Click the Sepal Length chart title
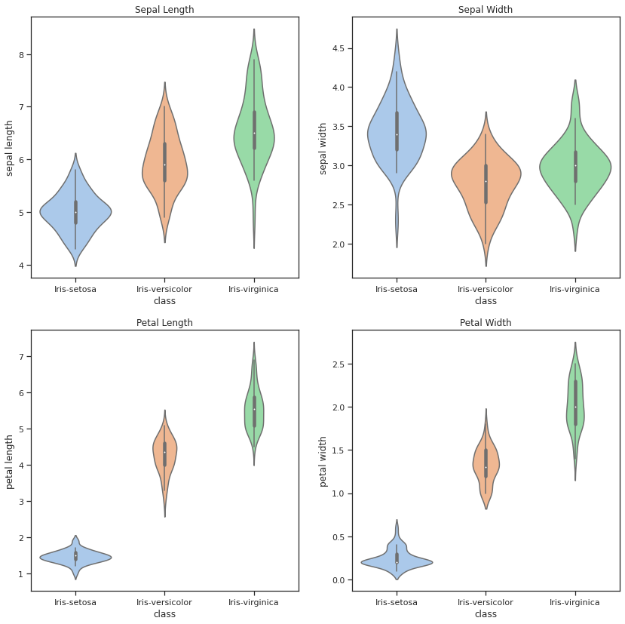(164, 10)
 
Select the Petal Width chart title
(486, 323)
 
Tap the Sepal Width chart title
(486, 10)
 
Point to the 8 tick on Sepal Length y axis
(22, 54)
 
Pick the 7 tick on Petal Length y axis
(22, 356)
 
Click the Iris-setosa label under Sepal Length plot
(75, 289)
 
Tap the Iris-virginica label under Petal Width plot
(574, 602)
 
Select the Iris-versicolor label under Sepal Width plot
(486, 289)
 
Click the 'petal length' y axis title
(10, 461)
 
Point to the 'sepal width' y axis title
(323, 148)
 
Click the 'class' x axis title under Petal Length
(164, 614)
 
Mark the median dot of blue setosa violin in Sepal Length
(75, 213)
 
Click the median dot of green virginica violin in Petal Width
(574, 407)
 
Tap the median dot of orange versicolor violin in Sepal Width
(486, 181)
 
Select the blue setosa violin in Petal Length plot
(75, 558)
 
